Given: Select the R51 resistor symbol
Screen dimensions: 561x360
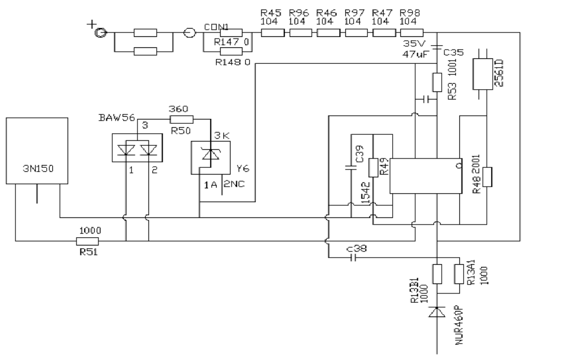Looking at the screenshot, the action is tap(87, 241).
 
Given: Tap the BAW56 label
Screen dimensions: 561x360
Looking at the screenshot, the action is tap(117, 117).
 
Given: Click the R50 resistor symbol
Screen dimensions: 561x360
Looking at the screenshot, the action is tap(182, 119).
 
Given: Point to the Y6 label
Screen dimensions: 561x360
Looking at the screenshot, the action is tap(243, 168).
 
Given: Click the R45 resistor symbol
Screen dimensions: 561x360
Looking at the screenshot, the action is tap(273, 33).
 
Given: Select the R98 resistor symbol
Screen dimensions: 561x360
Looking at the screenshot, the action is tap(412, 33).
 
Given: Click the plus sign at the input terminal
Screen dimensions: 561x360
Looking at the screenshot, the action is tap(92, 24).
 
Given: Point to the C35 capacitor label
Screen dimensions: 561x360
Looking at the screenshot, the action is tap(453, 53).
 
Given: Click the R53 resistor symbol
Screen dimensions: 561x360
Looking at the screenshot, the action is tap(437, 83).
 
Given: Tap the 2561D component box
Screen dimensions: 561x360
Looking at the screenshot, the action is tap(483, 74).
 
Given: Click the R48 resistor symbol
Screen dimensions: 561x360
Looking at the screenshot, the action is tap(487, 177).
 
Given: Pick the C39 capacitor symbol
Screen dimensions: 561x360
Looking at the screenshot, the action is tap(351, 167).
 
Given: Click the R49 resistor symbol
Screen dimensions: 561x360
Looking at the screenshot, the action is tap(373, 168).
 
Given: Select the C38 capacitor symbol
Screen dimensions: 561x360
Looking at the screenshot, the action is tap(353, 257).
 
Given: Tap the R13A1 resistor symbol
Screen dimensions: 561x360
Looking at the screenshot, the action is tap(459, 274).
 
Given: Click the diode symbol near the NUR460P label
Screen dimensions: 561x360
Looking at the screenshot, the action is tap(437, 312).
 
